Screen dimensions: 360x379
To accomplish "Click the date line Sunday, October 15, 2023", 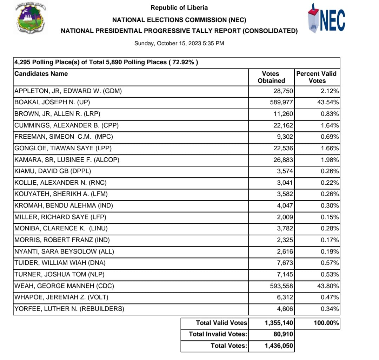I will (x=179, y=44).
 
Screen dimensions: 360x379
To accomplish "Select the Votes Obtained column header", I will (x=271, y=77).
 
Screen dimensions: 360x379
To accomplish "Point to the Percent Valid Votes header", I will (x=316, y=77).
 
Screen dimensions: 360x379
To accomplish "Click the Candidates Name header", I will (x=41, y=74).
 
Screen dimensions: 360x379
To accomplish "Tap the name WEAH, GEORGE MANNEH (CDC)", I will (x=64, y=286).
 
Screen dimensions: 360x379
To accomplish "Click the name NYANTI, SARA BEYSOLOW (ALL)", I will (x=64, y=251).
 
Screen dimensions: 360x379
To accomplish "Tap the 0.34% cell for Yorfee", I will (x=331, y=309).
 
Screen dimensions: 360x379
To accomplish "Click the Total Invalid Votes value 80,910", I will (x=283, y=334).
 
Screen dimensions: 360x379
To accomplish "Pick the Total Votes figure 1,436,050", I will (x=279, y=346).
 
